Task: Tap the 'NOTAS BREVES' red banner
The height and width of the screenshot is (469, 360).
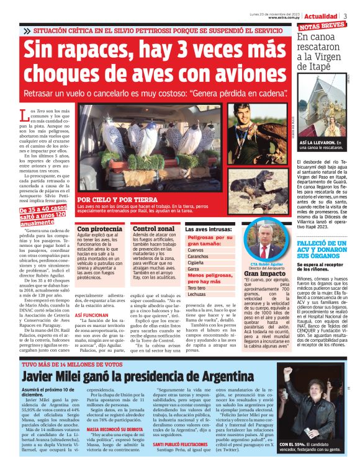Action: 322,27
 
